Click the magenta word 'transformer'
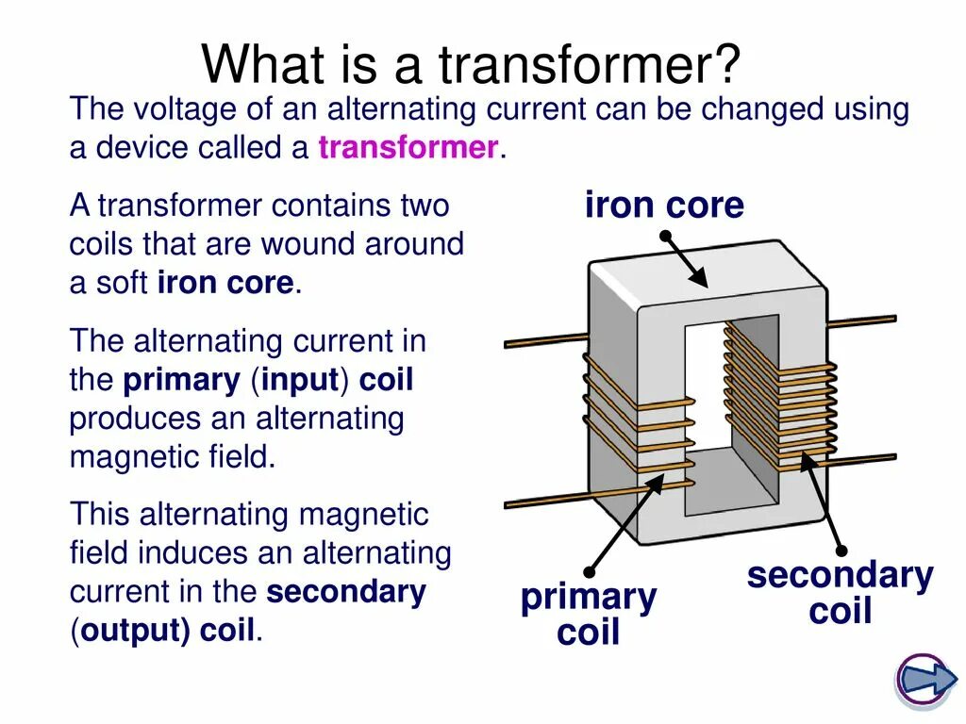[408, 148]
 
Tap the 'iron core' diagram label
[664, 206]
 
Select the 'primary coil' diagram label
[588, 614]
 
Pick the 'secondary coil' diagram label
[840, 592]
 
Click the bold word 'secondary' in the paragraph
[346, 592]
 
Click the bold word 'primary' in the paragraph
[182, 380]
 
